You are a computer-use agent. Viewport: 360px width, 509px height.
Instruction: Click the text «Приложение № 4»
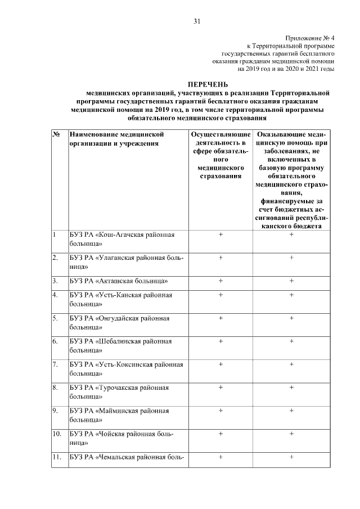click(309, 37)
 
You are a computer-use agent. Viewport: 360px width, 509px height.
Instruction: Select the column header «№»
click(57, 135)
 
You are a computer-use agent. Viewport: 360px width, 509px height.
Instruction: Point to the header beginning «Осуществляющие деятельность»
click(220, 156)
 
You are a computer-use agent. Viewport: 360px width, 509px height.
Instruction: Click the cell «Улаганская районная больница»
click(127, 262)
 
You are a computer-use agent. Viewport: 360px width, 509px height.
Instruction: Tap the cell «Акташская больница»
click(119, 280)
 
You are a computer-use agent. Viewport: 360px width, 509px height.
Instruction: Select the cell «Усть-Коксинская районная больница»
click(127, 368)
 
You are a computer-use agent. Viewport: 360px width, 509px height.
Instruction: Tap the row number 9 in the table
click(55, 411)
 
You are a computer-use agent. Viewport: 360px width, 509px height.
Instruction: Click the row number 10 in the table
click(56, 434)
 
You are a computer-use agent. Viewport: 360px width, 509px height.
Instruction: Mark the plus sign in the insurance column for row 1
click(220, 235)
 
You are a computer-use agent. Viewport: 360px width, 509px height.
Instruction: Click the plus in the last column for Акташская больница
click(291, 280)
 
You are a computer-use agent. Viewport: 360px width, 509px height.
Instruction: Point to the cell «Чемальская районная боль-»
click(127, 457)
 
